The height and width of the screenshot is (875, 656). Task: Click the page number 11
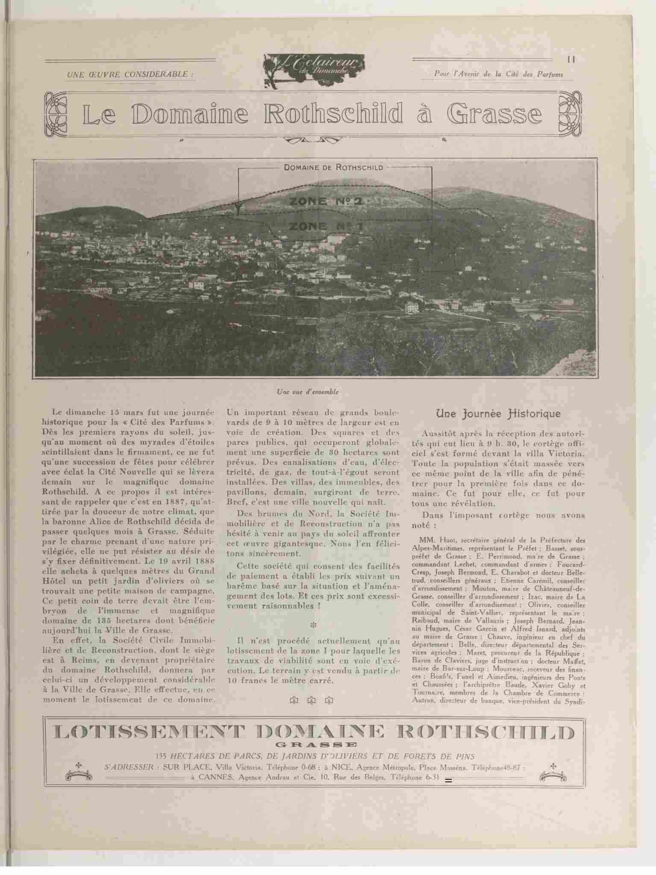point(571,59)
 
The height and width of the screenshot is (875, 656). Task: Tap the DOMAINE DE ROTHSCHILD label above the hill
point(333,167)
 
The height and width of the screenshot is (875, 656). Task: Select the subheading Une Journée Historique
point(498,414)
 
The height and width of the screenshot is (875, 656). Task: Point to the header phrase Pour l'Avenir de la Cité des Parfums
point(498,74)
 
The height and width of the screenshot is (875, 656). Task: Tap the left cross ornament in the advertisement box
point(78,764)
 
